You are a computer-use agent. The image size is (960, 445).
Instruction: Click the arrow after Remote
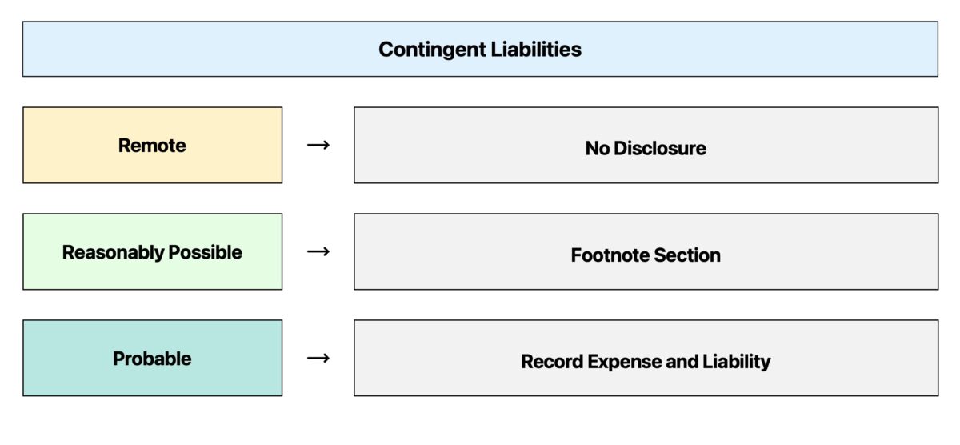click(x=318, y=146)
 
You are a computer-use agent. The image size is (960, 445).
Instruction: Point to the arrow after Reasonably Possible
click(x=318, y=252)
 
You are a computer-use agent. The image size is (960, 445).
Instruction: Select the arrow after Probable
click(x=318, y=359)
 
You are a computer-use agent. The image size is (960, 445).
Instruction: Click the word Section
click(x=687, y=255)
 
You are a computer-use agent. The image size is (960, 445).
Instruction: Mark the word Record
click(x=552, y=362)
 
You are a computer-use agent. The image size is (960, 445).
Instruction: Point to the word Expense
click(x=625, y=362)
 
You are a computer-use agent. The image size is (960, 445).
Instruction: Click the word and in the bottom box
click(x=682, y=362)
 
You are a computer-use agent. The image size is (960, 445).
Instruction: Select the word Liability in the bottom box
click(x=737, y=362)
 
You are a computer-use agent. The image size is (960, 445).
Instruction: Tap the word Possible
click(x=205, y=253)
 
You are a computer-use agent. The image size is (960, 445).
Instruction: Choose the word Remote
click(x=152, y=146)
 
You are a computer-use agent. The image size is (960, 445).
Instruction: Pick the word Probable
click(x=152, y=359)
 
